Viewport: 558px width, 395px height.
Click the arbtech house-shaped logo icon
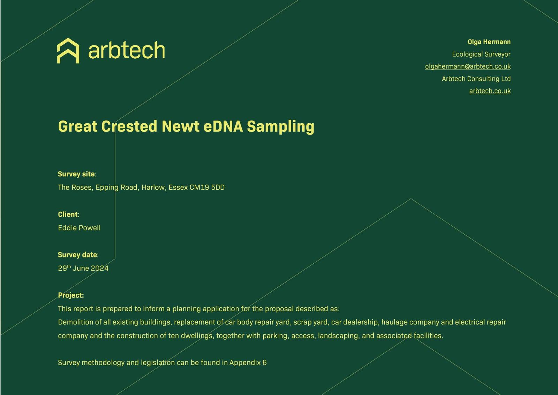coord(68,51)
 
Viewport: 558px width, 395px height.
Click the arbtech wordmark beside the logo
coord(127,50)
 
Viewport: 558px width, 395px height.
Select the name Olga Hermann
coord(489,42)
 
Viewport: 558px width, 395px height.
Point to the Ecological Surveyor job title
coord(481,54)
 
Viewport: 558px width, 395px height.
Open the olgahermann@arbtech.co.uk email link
coord(468,66)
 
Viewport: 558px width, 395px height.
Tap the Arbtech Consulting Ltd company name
coord(476,79)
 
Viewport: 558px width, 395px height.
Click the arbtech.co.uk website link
coord(490,91)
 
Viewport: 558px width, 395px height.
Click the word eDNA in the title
coord(223,126)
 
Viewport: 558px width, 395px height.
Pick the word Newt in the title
coord(181,126)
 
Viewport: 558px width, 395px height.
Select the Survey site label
coord(77,174)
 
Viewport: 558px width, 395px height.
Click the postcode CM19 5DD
coord(207,188)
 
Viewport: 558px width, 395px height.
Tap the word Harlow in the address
coord(153,188)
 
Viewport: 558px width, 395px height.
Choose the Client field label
coord(68,214)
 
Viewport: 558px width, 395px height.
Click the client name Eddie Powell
coord(79,228)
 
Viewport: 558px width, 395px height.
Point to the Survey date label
coord(78,255)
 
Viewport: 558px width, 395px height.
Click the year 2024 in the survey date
coord(100,268)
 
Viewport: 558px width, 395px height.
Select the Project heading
coord(71,295)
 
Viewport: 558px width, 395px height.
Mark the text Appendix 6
coord(248,363)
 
